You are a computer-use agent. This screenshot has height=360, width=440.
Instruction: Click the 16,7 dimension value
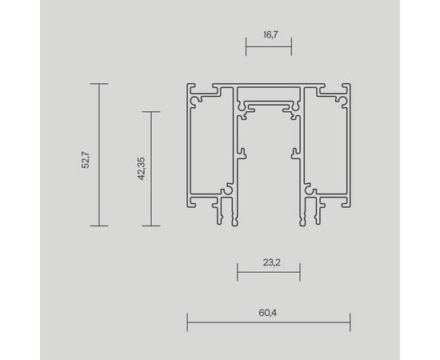(268, 36)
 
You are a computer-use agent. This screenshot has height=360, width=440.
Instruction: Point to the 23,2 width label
(268, 261)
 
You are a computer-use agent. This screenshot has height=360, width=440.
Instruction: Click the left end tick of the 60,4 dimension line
(187, 323)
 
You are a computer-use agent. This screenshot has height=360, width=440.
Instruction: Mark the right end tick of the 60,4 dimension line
(350, 323)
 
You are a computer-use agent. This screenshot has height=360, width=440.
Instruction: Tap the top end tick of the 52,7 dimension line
(98, 84)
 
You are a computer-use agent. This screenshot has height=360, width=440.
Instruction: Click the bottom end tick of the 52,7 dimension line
(98, 226)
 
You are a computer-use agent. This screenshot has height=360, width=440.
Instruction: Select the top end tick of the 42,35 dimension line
(151, 112)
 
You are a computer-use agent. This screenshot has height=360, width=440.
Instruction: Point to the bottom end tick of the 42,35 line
(151, 226)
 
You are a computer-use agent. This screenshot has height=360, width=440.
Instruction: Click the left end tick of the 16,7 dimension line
(246, 49)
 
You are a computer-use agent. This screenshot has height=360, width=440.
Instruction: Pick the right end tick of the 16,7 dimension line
(290, 49)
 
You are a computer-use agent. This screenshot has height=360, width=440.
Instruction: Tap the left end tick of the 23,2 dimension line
(237, 274)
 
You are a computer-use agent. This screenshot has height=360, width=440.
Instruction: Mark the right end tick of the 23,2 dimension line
(300, 274)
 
